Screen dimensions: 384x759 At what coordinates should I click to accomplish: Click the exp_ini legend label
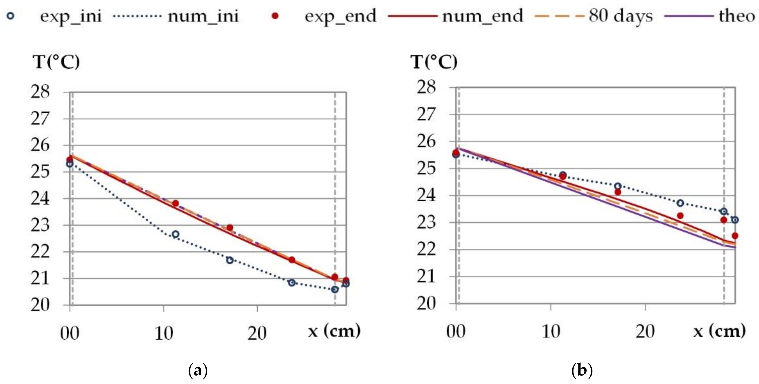(x=71, y=16)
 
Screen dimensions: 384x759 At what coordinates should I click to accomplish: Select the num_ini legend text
(x=203, y=16)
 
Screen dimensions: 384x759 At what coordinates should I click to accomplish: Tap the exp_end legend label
(x=340, y=16)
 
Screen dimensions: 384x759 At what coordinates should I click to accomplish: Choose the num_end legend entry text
(x=482, y=16)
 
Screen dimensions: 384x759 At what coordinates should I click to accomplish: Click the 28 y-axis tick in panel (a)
(x=40, y=92)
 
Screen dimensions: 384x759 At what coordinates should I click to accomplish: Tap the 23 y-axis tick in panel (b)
(x=426, y=223)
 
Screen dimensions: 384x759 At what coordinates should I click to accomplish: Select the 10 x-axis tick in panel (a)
(x=163, y=334)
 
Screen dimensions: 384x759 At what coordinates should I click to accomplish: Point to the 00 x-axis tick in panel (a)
(x=70, y=334)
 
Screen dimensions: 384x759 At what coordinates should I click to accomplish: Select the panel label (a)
(x=198, y=370)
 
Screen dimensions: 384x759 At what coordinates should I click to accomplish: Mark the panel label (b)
(x=582, y=370)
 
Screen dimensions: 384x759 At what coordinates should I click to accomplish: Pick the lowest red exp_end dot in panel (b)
(x=735, y=236)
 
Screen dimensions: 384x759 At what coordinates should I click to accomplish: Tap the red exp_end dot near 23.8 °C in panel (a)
(x=175, y=204)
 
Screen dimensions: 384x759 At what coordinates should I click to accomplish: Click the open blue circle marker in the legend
(x=10, y=16)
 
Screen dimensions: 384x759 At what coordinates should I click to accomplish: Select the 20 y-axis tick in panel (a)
(x=40, y=305)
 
